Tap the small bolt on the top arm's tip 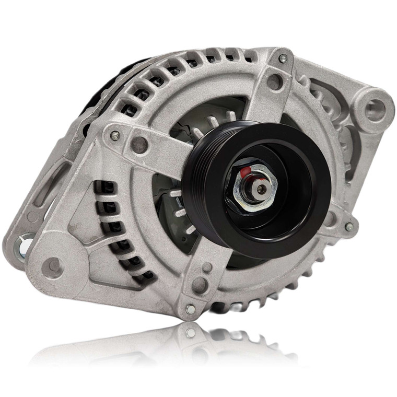283,59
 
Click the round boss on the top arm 274,82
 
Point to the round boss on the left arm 139,145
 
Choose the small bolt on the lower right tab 349,227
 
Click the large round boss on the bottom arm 200,285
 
